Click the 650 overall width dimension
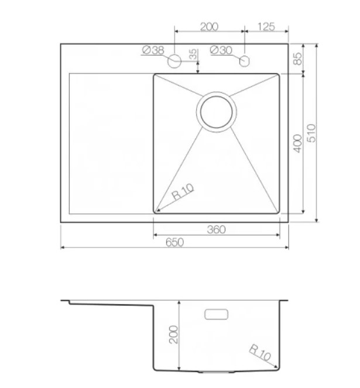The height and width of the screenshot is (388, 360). tap(174, 242)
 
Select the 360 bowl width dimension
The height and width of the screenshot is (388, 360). tap(216, 229)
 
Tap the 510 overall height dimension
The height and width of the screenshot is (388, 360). tap(311, 133)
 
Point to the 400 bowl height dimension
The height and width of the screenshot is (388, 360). tap(297, 143)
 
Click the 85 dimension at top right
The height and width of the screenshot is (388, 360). tap(297, 59)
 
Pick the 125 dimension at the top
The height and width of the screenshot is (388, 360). tap(266, 27)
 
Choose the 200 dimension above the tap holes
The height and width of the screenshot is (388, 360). tap(209, 27)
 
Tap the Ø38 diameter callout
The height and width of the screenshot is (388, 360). tap(153, 50)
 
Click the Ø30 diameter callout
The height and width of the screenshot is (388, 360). tap(221, 50)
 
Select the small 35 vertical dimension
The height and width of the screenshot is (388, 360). tap(193, 54)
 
